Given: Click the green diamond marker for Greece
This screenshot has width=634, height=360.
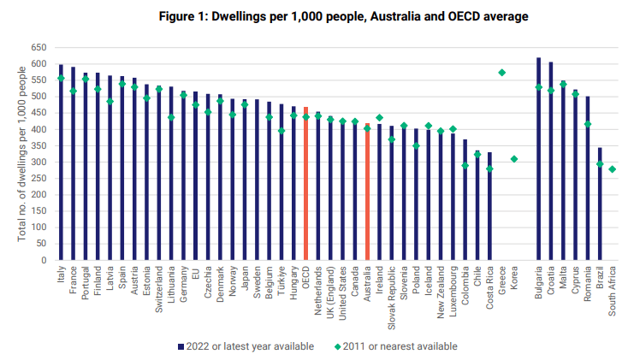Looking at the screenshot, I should [x=501, y=73].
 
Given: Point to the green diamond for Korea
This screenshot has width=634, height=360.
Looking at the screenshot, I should [x=513, y=159].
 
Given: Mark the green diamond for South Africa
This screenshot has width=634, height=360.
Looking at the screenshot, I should [x=612, y=169].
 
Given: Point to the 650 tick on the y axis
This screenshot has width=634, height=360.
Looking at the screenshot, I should [x=38, y=48].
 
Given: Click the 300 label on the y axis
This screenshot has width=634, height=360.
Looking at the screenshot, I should [x=38, y=162].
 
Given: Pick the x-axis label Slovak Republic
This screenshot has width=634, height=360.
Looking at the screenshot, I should [x=392, y=295].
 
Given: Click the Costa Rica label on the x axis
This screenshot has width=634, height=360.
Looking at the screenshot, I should [x=489, y=288].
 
